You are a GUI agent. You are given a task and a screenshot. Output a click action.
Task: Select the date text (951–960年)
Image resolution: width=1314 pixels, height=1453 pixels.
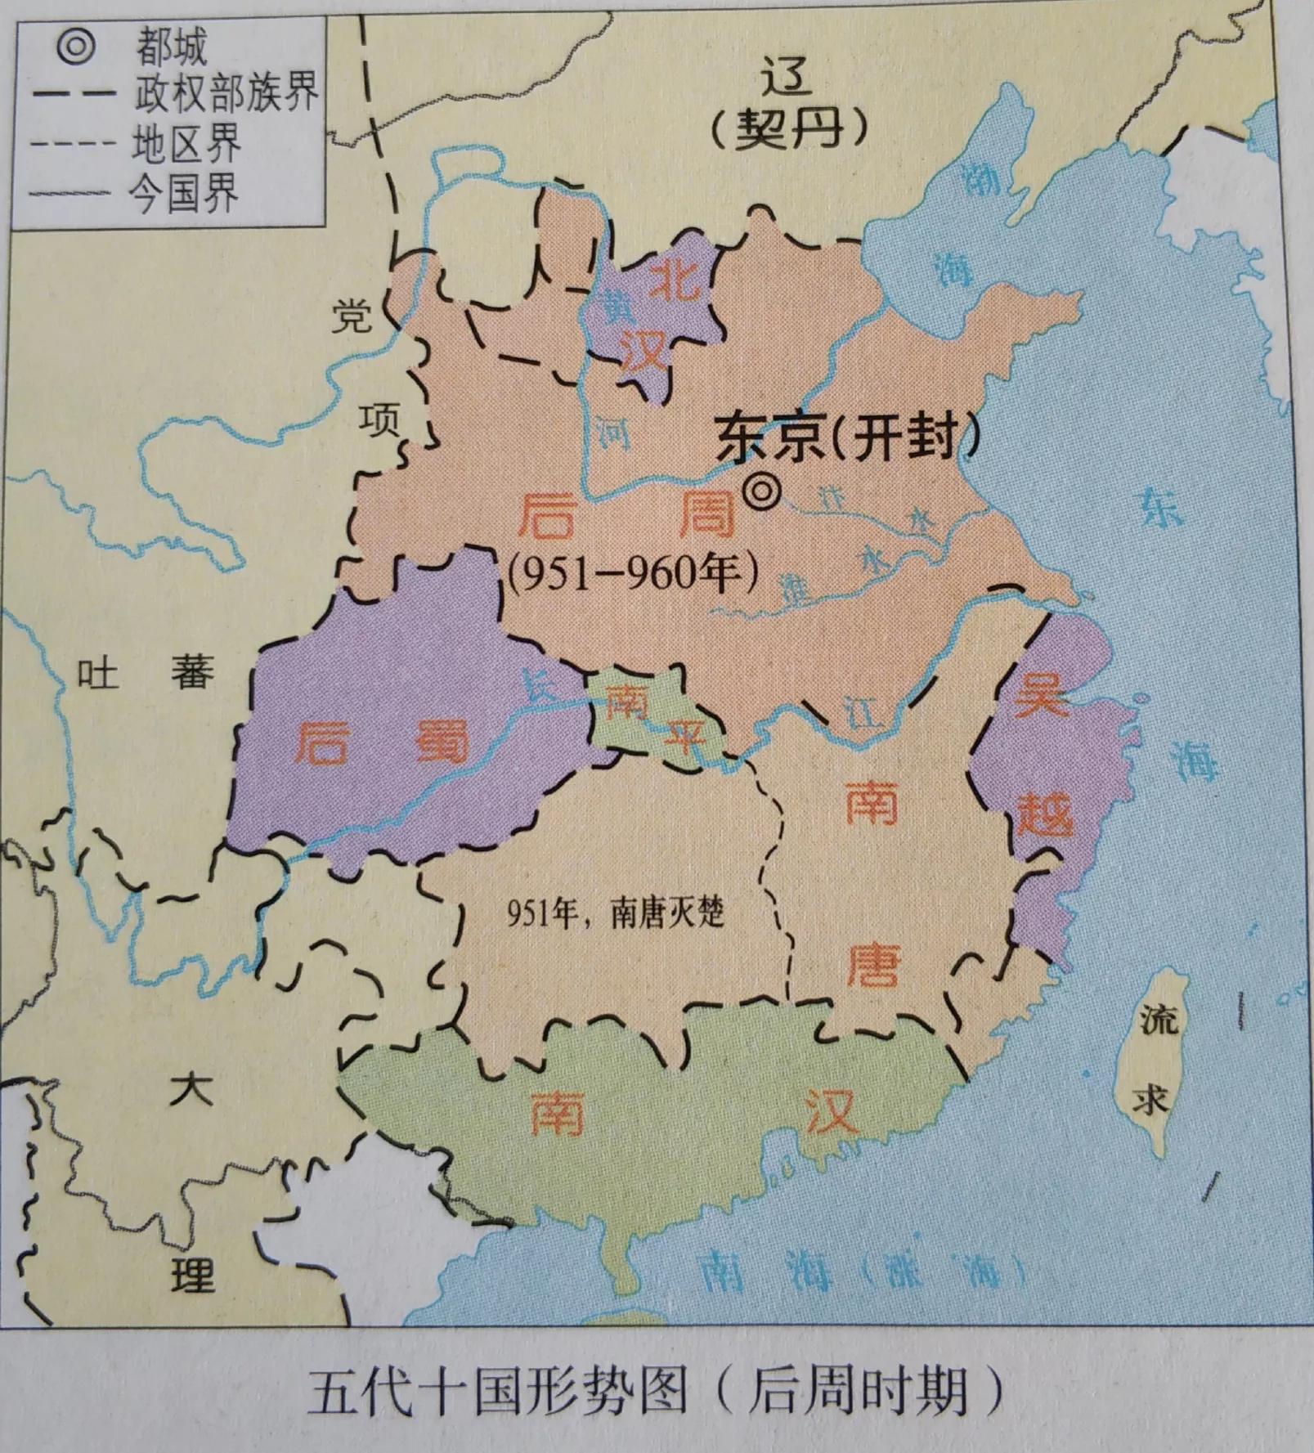coord(632,574)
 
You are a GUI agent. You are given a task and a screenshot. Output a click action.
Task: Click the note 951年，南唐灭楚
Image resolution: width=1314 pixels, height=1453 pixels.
coord(615,913)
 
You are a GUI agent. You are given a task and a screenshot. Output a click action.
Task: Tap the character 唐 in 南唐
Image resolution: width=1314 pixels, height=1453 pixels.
coord(872,966)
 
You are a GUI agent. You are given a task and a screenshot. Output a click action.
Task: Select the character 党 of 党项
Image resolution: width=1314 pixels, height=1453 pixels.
coord(351,316)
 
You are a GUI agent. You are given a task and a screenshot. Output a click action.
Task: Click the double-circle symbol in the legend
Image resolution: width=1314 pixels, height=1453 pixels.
coord(76,46)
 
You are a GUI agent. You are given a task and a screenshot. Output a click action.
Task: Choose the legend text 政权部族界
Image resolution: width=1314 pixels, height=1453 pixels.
coord(226,93)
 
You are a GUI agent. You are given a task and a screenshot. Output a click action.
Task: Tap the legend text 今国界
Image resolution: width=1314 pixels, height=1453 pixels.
coord(184,194)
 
